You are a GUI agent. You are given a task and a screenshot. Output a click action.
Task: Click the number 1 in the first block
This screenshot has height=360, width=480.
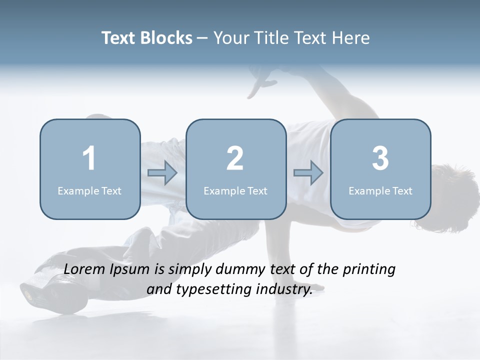(x=89, y=158)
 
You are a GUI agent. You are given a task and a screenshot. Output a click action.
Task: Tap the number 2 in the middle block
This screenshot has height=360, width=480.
(x=235, y=158)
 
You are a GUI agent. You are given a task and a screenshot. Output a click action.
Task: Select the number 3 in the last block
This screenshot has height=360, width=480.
(x=380, y=158)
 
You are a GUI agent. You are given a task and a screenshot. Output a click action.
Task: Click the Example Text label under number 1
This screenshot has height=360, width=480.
(x=89, y=190)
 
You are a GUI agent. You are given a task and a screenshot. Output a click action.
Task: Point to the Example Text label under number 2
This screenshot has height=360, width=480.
(x=235, y=190)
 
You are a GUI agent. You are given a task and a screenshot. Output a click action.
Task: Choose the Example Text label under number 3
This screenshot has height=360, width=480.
(x=380, y=190)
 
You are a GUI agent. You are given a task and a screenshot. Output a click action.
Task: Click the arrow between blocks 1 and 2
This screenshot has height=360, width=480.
(x=162, y=173)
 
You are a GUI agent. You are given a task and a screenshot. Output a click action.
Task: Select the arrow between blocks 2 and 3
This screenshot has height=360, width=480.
(x=308, y=173)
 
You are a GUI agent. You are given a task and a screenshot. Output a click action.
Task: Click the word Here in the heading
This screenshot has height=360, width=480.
(x=352, y=38)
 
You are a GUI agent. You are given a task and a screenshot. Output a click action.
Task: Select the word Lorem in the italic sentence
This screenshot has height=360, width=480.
(x=85, y=269)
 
